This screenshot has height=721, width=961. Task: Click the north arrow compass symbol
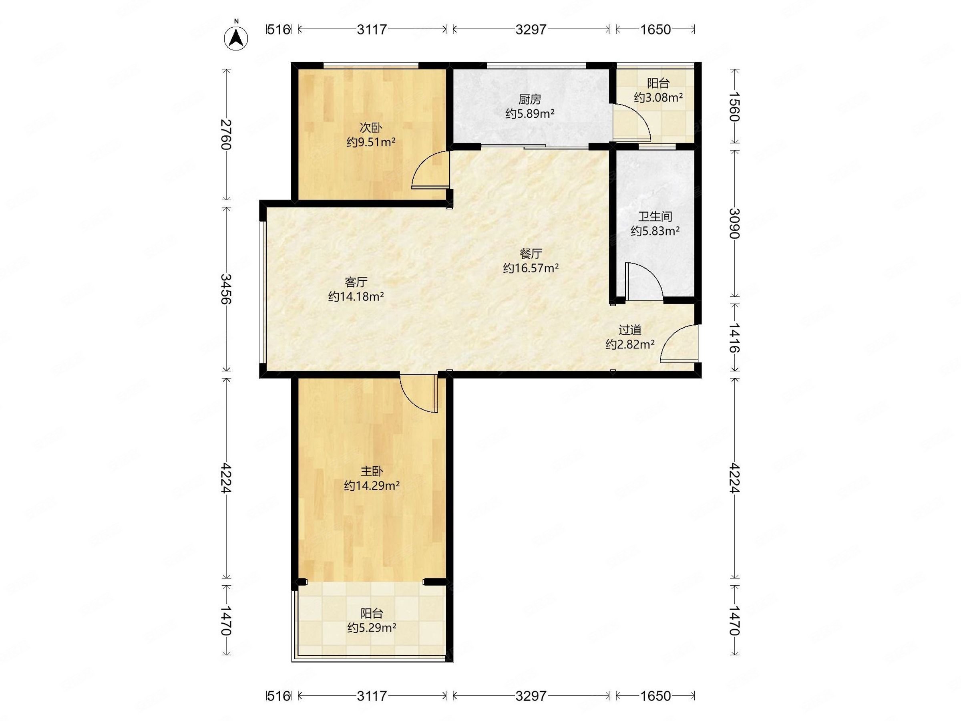pos(236,37)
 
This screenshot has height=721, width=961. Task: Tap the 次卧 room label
pos(371,128)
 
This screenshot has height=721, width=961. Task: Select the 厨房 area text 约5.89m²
pos(530,114)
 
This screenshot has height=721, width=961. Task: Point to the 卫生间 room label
pos(655,216)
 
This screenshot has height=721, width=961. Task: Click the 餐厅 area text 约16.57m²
pos(531,268)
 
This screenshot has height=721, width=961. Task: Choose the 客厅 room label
pos(356,282)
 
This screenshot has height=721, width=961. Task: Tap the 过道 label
pos(630,330)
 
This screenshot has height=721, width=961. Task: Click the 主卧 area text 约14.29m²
pos(372,486)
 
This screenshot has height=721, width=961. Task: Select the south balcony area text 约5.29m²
pos(372,628)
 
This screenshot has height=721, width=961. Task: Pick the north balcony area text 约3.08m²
pos(658,98)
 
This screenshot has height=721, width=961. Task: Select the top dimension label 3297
pos(531,30)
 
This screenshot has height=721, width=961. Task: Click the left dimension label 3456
pos(226,288)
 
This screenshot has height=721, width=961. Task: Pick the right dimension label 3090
pos(734,224)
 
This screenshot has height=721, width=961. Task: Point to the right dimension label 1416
pos(734,337)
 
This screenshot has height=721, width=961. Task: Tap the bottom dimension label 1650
pos(655,696)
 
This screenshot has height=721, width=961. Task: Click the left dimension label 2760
pos(226,134)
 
